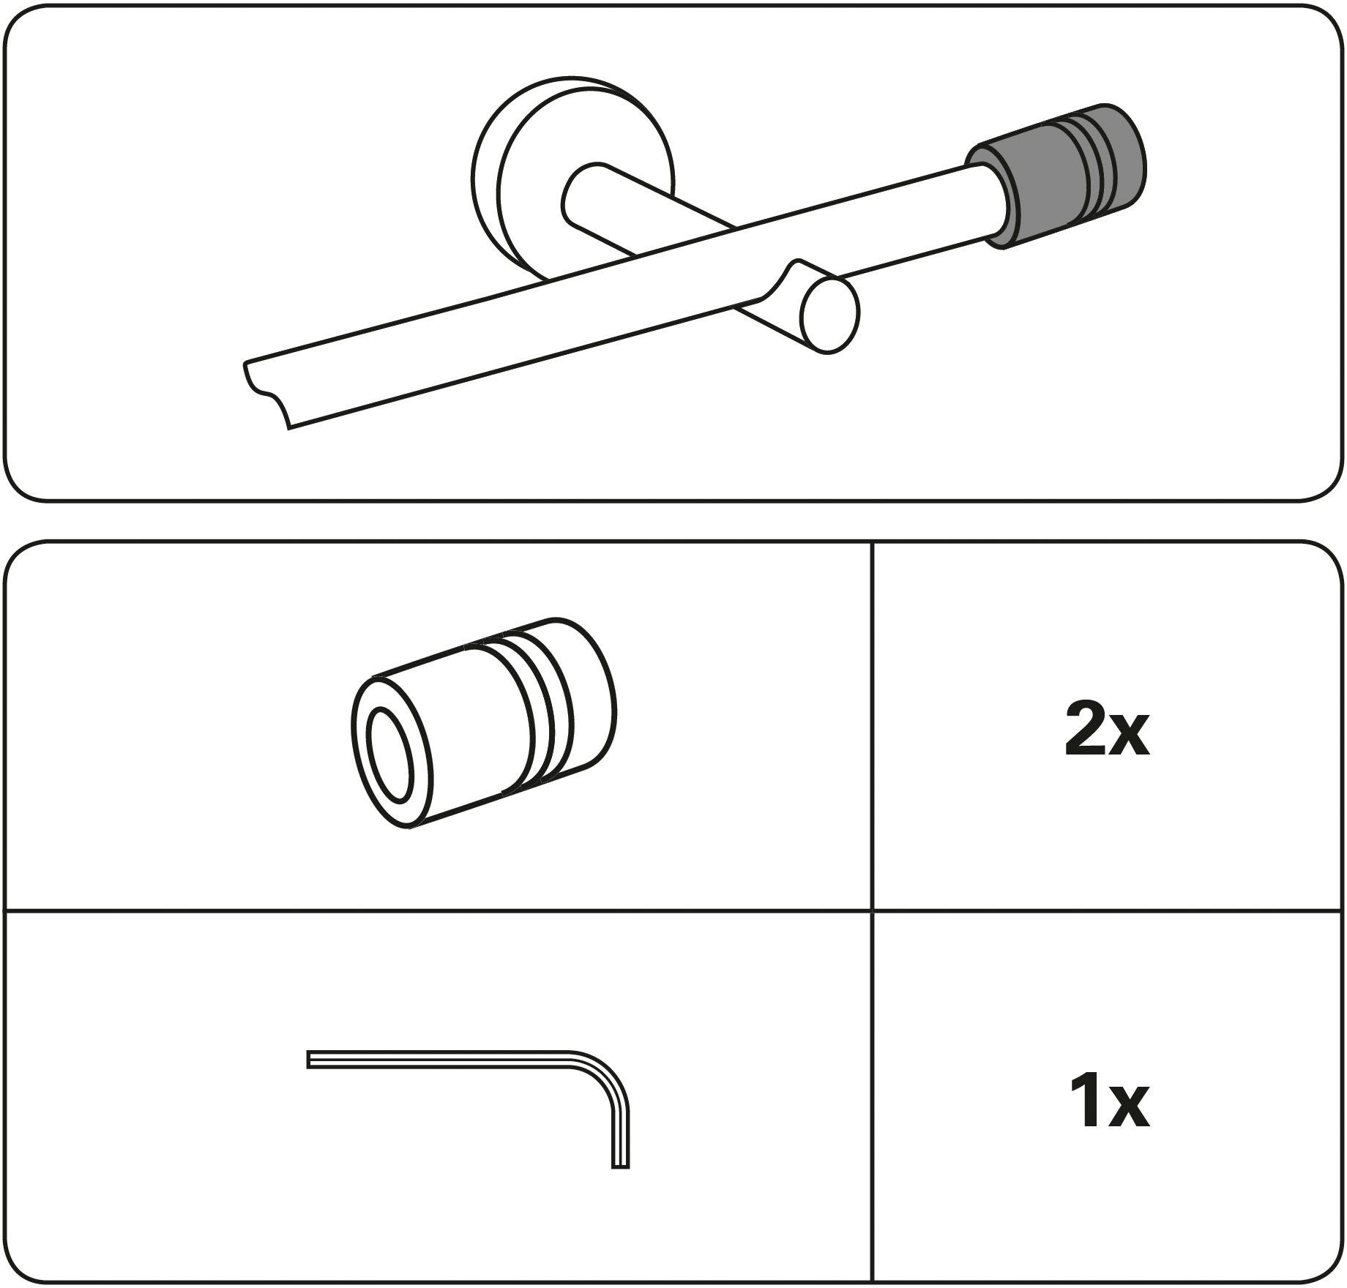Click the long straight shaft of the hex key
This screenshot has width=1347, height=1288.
coord(439,1060)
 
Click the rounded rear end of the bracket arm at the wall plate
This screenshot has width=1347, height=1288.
coord(578,194)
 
